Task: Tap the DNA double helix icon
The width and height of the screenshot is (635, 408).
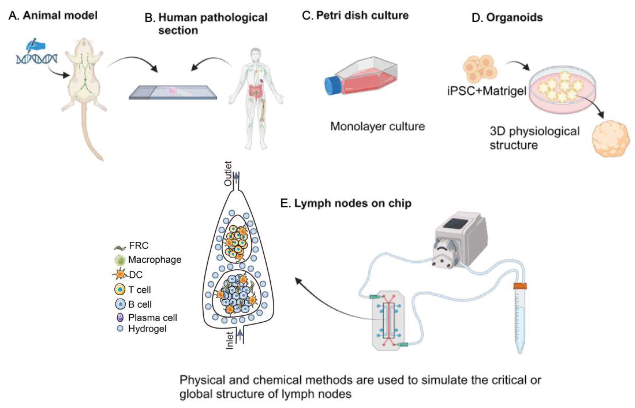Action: coord(37,59)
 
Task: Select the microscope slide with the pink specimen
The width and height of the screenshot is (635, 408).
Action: coord(173,92)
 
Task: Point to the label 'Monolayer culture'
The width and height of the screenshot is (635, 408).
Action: coord(377,126)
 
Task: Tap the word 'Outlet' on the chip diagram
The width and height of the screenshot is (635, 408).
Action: coord(228,174)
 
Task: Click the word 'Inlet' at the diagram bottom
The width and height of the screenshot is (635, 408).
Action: coord(229,341)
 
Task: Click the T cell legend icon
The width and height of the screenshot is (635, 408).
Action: coord(120,289)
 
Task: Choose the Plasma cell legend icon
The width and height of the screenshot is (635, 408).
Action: coord(120,317)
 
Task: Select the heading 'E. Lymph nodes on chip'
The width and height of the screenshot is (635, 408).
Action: coord(346,203)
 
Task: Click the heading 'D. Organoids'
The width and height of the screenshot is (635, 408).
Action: coord(507,17)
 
